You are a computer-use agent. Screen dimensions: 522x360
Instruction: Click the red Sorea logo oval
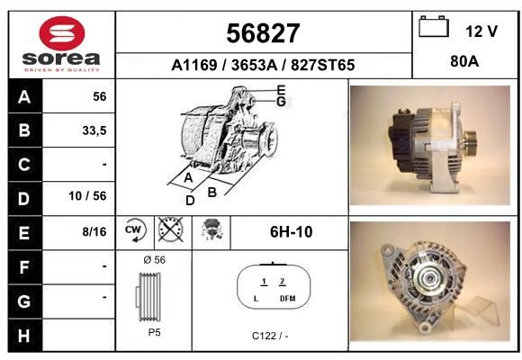click(62, 33)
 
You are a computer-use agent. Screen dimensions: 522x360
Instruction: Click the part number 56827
click(263, 33)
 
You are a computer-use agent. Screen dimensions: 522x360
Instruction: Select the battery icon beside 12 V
click(434, 27)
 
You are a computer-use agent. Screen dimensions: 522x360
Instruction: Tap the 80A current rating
click(464, 61)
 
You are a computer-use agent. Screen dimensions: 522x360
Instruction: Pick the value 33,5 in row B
click(94, 130)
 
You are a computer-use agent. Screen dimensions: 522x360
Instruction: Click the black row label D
click(24, 199)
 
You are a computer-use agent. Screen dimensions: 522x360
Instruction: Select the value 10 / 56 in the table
click(87, 196)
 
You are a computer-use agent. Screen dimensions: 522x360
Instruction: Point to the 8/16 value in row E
click(94, 231)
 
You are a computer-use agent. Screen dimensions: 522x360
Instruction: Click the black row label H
click(24, 336)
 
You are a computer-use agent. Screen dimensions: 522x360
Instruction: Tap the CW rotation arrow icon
click(135, 229)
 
